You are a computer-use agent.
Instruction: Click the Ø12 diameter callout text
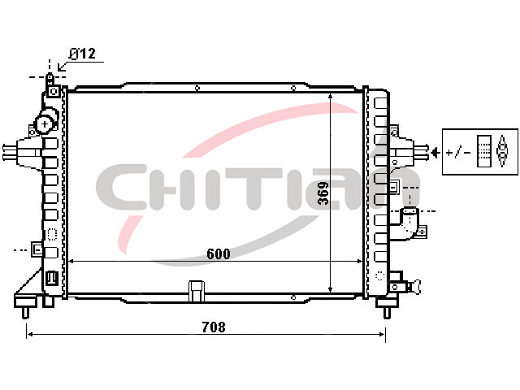point(83,54)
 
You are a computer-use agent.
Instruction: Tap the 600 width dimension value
point(219,254)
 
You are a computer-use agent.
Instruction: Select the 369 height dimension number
point(323,193)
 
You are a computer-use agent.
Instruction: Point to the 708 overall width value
point(214,327)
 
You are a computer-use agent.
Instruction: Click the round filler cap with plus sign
point(45,124)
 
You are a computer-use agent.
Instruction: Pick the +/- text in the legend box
point(458,153)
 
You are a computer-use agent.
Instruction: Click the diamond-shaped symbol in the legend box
point(502,151)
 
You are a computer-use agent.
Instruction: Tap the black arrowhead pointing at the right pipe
point(435,153)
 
